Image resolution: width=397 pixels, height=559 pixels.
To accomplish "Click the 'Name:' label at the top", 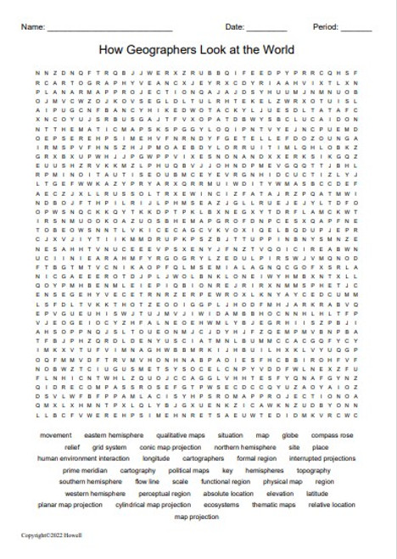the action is coord(33,27).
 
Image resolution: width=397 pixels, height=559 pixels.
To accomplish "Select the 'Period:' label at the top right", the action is coord(325,27).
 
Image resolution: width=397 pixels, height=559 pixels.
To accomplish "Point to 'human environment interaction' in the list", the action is coord(84,458).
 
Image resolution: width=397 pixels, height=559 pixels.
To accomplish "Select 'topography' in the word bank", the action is coord(314,469).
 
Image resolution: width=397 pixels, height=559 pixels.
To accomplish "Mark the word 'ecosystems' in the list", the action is coord(221,505).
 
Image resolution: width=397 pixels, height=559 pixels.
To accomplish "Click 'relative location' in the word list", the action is coord(332,505).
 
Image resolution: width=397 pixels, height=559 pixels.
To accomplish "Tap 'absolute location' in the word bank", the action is coord(228,493).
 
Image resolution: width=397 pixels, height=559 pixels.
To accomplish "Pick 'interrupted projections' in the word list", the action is coord(322,458).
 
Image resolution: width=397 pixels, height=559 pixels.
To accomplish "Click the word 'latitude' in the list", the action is coord(317,493).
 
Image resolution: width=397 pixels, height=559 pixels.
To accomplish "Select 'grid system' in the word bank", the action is coord(109,446).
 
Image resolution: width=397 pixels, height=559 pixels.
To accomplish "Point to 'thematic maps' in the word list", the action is coord(273,505).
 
